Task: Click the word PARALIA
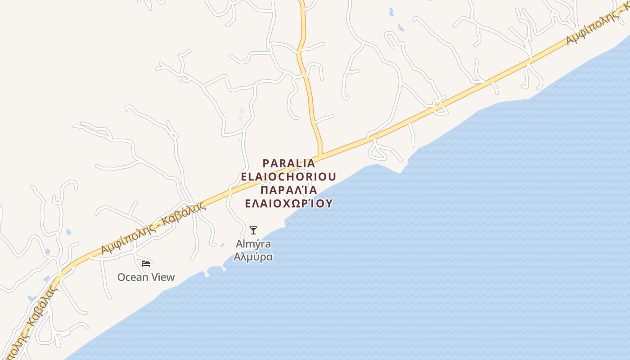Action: click(x=288, y=163)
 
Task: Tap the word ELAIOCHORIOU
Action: click(x=288, y=176)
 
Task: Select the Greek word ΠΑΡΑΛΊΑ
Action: click(x=288, y=189)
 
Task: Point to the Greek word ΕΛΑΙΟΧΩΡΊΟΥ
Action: click(x=288, y=203)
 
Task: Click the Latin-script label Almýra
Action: click(x=253, y=244)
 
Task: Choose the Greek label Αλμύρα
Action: click(x=253, y=257)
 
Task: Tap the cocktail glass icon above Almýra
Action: click(x=253, y=230)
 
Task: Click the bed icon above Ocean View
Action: click(x=146, y=263)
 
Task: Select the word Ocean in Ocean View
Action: click(x=133, y=277)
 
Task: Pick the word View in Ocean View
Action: click(x=162, y=277)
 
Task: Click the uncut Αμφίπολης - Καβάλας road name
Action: click(x=153, y=228)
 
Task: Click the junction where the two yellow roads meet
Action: click(x=320, y=157)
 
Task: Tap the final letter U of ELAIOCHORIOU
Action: click(x=332, y=176)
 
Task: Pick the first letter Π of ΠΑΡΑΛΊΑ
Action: click(x=265, y=189)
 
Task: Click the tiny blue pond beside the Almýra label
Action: click(x=222, y=245)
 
